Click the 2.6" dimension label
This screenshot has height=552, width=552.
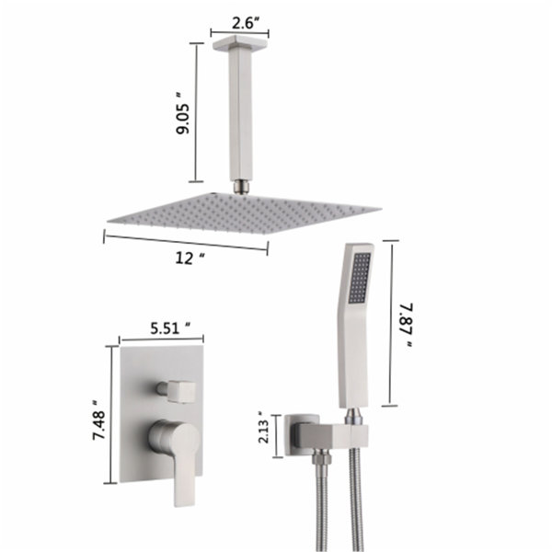pyautogui.click(x=246, y=23)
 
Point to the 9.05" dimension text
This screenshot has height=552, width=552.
pyautogui.click(x=183, y=113)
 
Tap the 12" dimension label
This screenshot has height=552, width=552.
pyautogui.click(x=190, y=259)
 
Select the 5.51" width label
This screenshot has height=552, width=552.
pyautogui.click(x=170, y=328)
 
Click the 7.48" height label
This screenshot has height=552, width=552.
pyautogui.click(x=99, y=420)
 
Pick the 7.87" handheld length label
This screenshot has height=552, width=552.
pyautogui.click(x=407, y=326)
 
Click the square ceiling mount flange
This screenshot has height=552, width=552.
pyautogui.click(x=240, y=42)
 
